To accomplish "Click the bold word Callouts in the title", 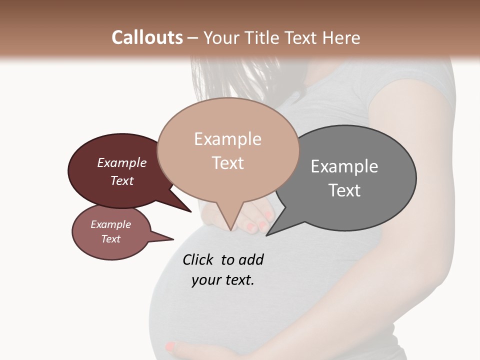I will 147,37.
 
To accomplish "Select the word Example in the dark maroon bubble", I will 122,162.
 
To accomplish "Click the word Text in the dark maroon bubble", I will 122,180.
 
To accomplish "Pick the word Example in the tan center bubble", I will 227,139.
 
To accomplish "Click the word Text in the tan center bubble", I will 227,163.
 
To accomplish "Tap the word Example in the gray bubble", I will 344,166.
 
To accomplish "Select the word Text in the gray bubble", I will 344,190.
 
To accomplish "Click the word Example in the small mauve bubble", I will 111,224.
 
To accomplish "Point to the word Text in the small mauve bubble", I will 111,239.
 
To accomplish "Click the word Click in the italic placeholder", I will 198,259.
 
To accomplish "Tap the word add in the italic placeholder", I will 251,259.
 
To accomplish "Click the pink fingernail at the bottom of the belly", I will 171,345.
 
